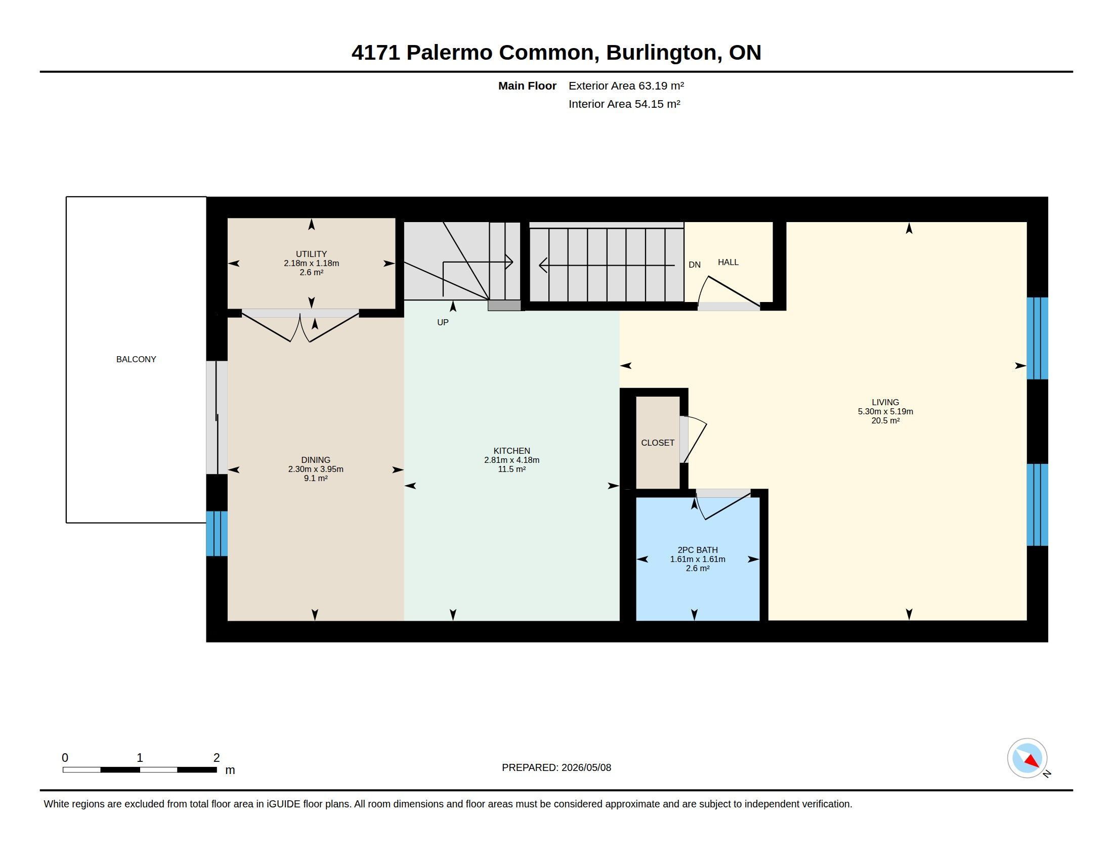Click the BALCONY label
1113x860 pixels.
(x=136, y=359)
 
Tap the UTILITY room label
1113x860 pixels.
(x=311, y=254)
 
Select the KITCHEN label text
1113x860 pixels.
(x=511, y=451)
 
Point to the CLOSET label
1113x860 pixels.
(x=657, y=443)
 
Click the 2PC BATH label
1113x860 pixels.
(x=698, y=550)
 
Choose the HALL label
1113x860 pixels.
(x=728, y=263)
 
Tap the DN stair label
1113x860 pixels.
(x=695, y=265)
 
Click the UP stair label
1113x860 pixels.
(x=443, y=323)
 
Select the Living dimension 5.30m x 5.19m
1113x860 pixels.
(x=885, y=412)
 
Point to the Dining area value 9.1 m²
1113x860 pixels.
(x=316, y=479)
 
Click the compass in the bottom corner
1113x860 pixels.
(x=1027, y=758)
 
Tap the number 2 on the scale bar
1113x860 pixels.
(x=217, y=758)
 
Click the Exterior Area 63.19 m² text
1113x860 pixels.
(x=626, y=85)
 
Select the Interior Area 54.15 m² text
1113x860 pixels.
(x=624, y=104)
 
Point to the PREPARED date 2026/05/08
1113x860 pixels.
(x=586, y=767)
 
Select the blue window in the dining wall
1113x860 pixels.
(x=217, y=533)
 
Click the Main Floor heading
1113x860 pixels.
(x=527, y=85)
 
